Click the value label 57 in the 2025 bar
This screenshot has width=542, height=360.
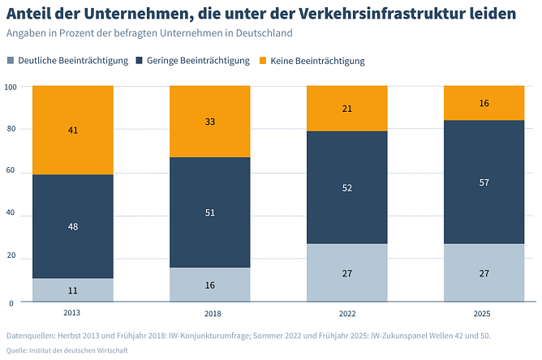[x=484, y=182]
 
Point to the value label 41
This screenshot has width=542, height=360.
[x=73, y=129]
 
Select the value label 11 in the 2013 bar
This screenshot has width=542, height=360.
[x=73, y=290]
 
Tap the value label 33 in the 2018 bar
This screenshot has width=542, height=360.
[x=209, y=121]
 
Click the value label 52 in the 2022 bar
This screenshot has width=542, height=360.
[x=346, y=187]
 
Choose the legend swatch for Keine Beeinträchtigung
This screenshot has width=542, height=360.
[x=262, y=61]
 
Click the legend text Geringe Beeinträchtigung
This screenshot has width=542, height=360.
[x=198, y=61]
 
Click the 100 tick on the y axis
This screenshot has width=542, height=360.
[x=11, y=86]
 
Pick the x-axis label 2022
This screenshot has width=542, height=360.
[x=346, y=313]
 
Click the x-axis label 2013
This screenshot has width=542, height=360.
[x=73, y=313]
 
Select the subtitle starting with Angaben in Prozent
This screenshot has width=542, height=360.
[x=148, y=33]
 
